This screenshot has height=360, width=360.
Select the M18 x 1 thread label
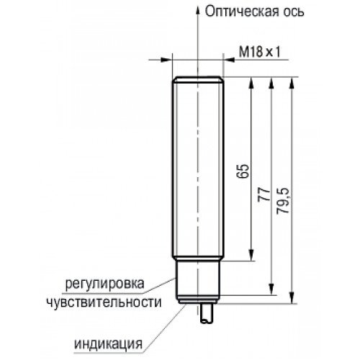coord(260,52)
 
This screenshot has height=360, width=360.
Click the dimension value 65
coord(242,171)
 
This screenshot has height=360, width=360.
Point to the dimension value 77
coord(264,194)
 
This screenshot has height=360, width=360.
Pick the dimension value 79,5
coord(283,201)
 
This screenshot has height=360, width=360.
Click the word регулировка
coord(105,284)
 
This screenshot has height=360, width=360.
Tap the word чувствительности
coord(104,302)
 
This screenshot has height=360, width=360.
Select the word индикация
coord(108,344)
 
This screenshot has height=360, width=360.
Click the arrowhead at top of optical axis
coord(198,11)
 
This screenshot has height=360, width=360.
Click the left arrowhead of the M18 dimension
coord(166,60)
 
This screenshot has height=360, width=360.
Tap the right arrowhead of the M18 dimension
coord(229,60)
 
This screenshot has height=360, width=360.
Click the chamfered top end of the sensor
coord(198,79)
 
